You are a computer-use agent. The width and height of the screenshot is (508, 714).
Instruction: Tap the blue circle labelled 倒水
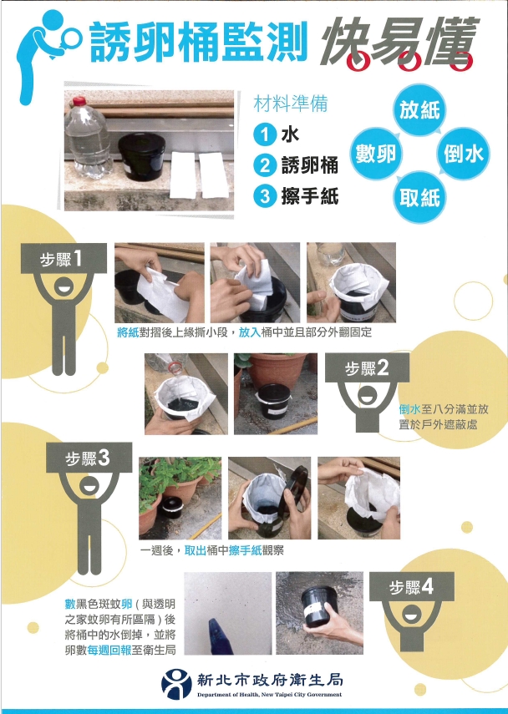click(x=464, y=154)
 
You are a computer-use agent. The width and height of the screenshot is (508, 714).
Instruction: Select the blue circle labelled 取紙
click(x=419, y=198)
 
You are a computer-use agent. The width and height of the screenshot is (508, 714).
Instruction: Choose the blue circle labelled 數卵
click(x=376, y=154)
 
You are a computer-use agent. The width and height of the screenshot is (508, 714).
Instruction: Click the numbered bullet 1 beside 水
click(x=265, y=134)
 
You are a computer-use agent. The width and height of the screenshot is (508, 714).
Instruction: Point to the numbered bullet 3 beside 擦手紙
click(x=265, y=197)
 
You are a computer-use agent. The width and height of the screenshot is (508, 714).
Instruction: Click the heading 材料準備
click(x=291, y=104)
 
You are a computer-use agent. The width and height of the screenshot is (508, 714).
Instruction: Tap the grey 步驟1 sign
click(x=63, y=259)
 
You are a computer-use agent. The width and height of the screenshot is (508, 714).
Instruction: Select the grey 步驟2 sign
click(x=368, y=368)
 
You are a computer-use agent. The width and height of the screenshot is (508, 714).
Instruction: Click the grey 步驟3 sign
click(x=89, y=457)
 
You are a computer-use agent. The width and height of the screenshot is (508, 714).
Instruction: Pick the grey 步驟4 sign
click(x=411, y=587)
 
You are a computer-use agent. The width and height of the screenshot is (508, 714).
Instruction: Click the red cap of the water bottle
click(x=80, y=101)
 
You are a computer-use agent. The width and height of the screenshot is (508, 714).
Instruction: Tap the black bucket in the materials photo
click(x=142, y=156)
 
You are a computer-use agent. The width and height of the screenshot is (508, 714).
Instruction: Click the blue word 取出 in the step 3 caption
click(x=196, y=550)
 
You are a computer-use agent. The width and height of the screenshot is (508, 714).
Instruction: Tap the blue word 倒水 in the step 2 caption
click(x=410, y=409)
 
